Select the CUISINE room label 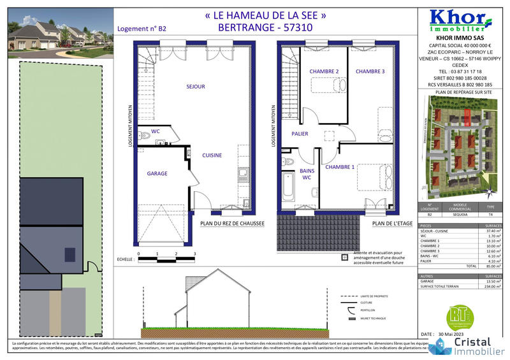[x=212, y=155]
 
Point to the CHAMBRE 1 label [x=340, y=167]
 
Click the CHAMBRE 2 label [x=324, y=71]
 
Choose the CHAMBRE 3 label [x=370, y=71]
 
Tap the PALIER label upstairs [x=300, y=134]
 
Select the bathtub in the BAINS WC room [x=288, y=187]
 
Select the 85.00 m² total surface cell [x=491, y=266]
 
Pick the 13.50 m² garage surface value [x=491, y=281]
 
